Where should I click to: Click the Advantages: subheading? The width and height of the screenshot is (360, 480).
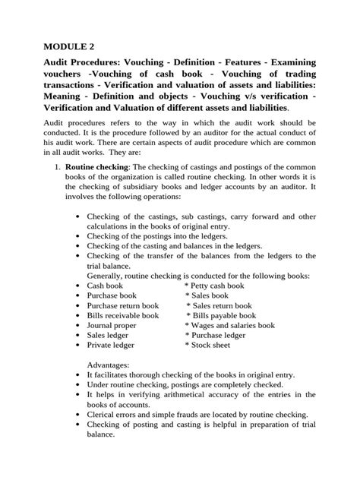(110, 364)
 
